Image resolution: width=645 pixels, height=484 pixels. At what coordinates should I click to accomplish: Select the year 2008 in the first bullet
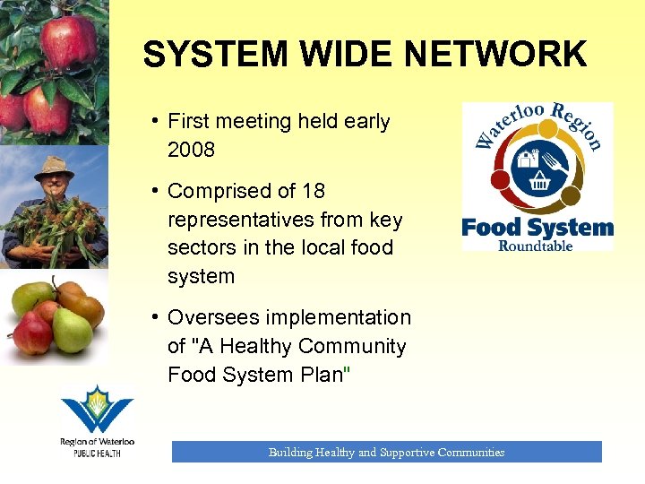click(191, 150)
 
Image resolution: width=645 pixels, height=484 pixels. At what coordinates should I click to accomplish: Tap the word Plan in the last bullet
click(317, 375)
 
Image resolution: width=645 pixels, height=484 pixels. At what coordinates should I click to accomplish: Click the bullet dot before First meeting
click(155, 122)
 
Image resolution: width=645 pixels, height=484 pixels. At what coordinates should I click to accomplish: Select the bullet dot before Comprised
click(155, 192)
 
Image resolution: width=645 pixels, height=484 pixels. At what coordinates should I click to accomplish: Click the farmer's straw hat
click(53, 166)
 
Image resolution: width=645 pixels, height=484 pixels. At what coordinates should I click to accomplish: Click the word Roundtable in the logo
click(536, 245)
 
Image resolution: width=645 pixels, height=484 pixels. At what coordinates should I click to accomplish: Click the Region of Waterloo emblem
click(96, 410)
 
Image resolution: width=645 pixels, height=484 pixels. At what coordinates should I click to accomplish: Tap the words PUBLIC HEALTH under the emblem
click(96, 454)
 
